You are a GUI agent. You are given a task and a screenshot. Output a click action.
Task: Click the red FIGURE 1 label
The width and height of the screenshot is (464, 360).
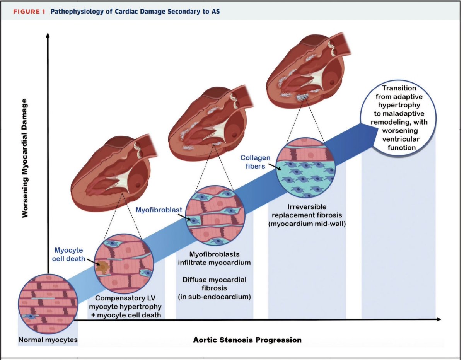point(29,12)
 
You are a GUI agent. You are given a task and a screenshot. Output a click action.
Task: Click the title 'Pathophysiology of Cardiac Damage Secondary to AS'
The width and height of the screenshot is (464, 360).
point(135,11)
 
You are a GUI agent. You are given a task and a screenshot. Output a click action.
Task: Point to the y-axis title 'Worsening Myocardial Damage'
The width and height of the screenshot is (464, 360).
point(25,158)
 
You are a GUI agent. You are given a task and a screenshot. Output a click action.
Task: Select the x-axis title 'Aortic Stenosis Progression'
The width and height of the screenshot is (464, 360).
point(247,340)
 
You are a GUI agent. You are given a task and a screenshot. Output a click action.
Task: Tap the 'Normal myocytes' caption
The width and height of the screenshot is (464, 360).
point(48,340)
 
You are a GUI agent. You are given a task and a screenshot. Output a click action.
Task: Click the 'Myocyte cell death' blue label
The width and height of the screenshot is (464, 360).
point(68,254)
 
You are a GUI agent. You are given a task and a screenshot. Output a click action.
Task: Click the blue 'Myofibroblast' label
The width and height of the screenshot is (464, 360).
point(159,210)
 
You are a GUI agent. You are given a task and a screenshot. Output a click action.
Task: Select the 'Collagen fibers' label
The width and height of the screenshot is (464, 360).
point(255,162)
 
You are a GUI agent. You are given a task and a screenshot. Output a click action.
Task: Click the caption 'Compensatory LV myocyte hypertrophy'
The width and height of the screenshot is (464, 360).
point(125,302)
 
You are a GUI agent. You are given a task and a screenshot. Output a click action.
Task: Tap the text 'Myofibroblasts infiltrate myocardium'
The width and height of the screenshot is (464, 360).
point(214,258)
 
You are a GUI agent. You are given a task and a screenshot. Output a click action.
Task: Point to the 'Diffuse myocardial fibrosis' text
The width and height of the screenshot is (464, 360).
point(214,284)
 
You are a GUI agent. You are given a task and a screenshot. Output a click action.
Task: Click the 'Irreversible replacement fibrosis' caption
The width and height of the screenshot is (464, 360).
point(307,211)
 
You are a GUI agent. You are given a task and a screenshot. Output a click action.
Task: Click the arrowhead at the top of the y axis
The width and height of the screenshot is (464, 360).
point(48,35)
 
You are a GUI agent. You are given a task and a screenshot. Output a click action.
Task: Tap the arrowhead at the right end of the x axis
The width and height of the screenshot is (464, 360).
point(438,319)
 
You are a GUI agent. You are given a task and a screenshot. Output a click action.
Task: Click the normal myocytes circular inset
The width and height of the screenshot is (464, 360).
point(48,304)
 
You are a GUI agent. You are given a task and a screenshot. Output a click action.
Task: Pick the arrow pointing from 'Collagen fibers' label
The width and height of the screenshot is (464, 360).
point(275,167)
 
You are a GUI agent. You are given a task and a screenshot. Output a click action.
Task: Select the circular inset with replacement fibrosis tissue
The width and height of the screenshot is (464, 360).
point(305,167)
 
